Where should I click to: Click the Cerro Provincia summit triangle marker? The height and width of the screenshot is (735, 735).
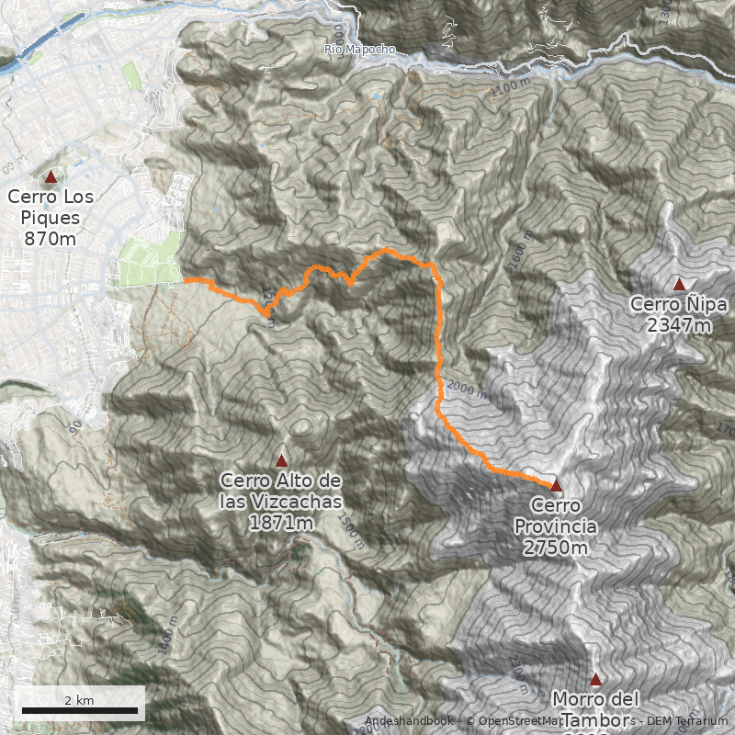tap(556, 484)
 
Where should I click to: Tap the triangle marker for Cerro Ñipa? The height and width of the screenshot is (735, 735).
tap(680, 284)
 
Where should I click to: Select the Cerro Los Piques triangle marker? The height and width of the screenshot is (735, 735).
tap(51, 176)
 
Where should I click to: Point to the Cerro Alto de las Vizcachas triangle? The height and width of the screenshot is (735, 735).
tap(282, 460)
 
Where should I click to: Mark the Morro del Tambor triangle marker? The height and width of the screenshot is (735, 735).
tap(595, 680)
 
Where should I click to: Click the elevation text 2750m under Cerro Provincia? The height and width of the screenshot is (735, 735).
tap(556, 548)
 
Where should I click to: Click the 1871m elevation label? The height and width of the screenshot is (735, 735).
tap(281, 523)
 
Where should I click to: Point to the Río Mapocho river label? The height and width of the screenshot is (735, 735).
tap(361, 49)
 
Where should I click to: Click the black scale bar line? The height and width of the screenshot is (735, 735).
tap(80, 710)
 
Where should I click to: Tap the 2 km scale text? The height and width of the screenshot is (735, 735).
tap(79, 700)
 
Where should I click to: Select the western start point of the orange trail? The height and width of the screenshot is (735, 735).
tap(185, 280)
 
